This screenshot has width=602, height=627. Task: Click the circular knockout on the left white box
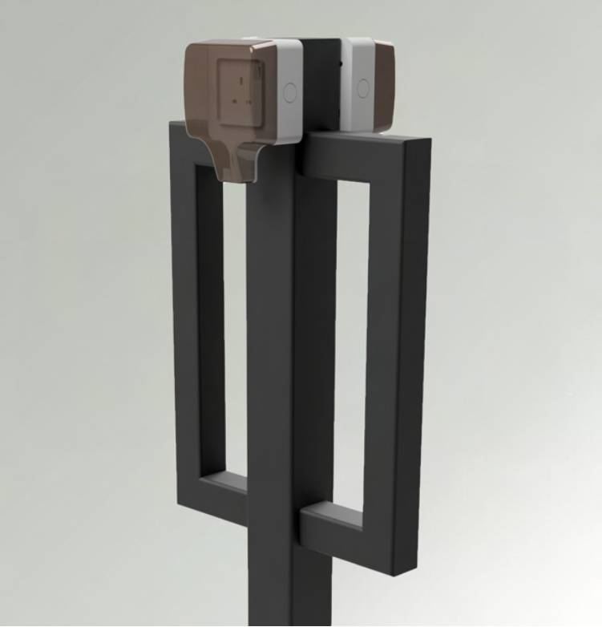[x=290, y=91]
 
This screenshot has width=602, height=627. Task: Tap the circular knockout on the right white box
[x=363, y=88]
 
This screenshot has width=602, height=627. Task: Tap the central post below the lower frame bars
[x=289, y=585]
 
